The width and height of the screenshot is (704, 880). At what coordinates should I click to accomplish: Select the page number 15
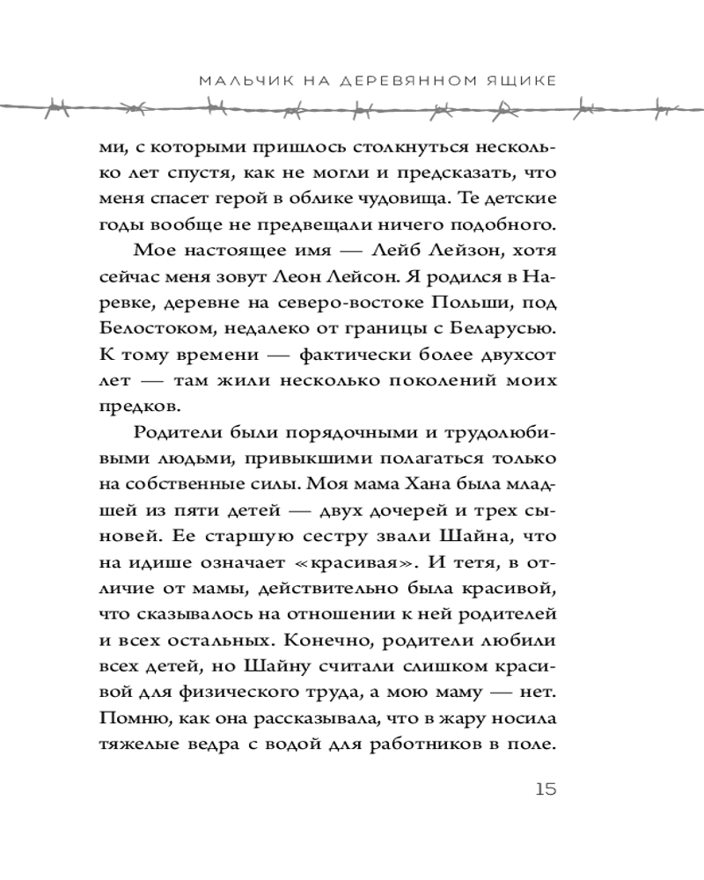click(546, 788)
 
